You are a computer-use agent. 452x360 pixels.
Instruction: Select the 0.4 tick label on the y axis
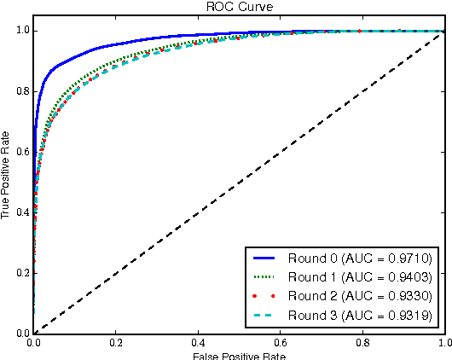20,212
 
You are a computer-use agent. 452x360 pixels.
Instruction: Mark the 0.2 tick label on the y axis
20,273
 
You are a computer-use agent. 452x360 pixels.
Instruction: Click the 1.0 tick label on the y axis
20,31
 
